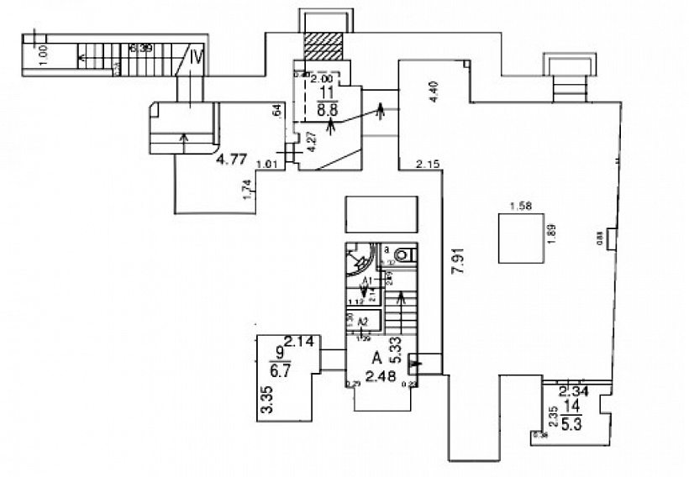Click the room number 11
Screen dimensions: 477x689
[328, 93]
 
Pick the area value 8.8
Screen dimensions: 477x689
[328, 108]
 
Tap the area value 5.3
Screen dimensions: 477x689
[571, 425]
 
